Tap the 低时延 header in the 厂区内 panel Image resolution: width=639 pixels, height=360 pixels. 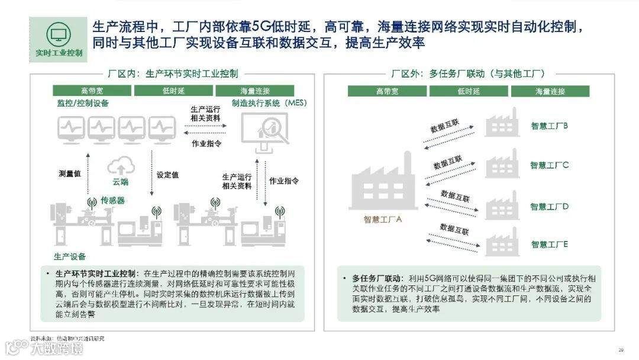174,91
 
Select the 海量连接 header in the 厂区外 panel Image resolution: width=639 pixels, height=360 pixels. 550,91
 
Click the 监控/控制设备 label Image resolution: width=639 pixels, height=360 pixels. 83,104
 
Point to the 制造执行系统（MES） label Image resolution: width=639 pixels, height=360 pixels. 269,104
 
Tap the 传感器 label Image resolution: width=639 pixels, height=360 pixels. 112,200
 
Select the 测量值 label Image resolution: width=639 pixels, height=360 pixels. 70,174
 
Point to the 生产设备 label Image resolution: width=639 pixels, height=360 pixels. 70,256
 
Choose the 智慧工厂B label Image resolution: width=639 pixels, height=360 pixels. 549,126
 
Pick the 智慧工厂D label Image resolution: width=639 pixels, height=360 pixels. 549,207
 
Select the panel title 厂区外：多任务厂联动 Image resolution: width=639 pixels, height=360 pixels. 467,74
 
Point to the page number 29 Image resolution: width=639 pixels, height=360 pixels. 621,349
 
